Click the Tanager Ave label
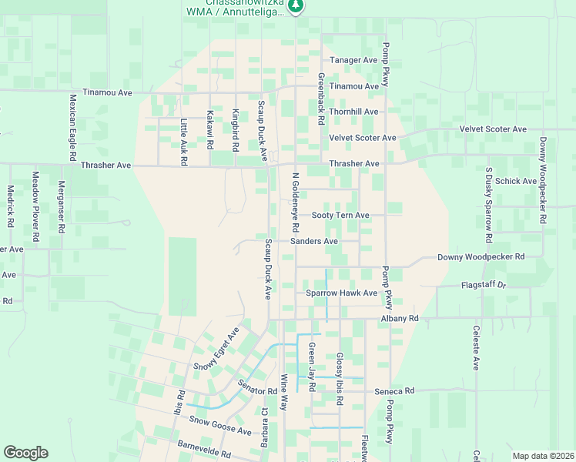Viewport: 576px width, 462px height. (x=353, y=60)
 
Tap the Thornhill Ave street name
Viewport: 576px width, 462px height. (x=353, y=112)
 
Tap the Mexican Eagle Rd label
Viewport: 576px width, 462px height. (x=72, y=127)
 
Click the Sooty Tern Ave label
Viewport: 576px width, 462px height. (x=340, y=216)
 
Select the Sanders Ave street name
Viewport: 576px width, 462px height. (x=314, y=242)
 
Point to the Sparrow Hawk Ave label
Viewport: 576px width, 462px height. (x=341, y=293)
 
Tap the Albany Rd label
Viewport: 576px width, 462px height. (x=399, y=318)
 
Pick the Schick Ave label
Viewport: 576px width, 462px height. (x=516, y=182)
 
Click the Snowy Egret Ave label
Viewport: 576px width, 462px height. (x=216, y=349)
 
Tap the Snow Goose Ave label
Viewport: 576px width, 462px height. (x=220, y=426)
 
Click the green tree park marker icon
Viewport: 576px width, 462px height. (x=296, y=6)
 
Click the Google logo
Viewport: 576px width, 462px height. (x=25, y=453)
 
